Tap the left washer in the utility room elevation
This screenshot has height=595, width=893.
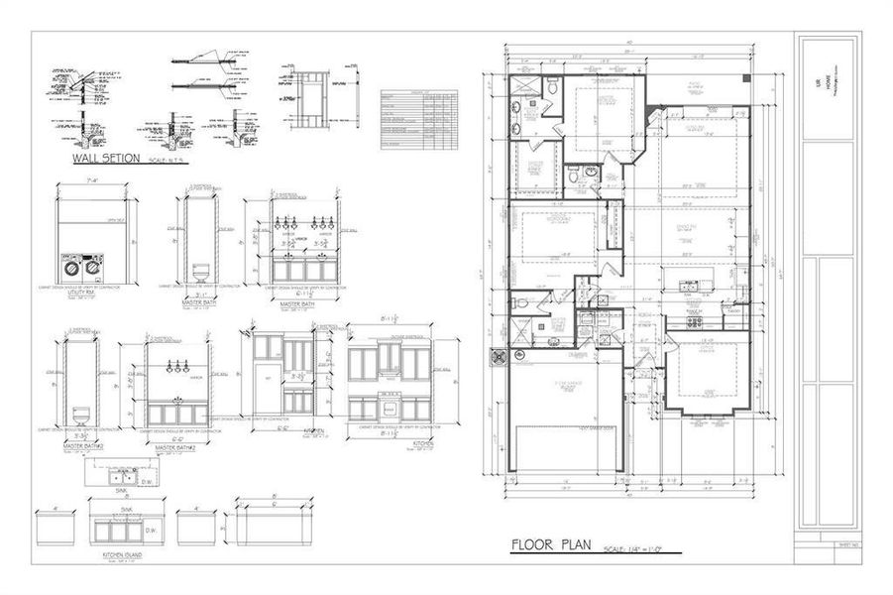point(71,267)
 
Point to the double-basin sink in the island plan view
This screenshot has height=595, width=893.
point(123,477)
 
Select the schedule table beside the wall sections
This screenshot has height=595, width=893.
point(419,119)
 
